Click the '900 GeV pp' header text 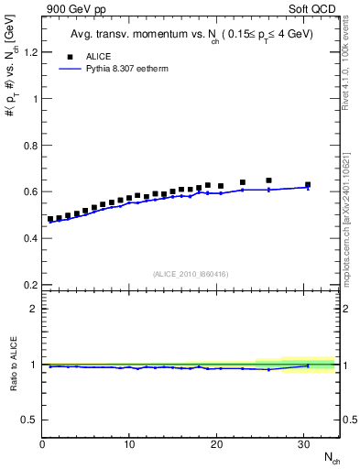tap(71, 9)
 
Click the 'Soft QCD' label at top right tap(316, 9)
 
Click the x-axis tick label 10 tap(129, 444)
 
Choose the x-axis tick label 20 tap(216, 444)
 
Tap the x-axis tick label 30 tap(303, 444)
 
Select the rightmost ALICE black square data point tap(308, 184)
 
